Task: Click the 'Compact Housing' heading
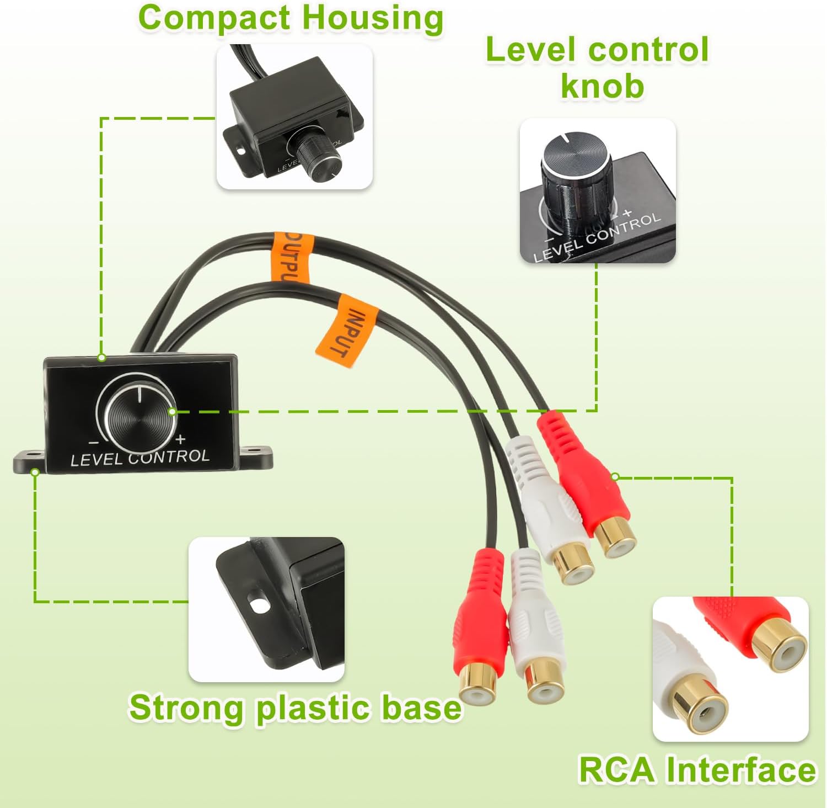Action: [291, 18]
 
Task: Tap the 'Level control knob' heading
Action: [597, 67]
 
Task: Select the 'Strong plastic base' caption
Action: [296, 707]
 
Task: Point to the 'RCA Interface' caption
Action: [697, 769]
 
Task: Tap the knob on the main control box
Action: [139, 415]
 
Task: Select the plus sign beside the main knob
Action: [180, 440]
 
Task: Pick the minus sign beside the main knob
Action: [94, 443]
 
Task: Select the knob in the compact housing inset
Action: [316, 157]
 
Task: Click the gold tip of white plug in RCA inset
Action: [700, 710]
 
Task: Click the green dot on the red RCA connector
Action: [615, 477]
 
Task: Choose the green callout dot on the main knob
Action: [173, 412]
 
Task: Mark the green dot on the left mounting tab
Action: [35, 472]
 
